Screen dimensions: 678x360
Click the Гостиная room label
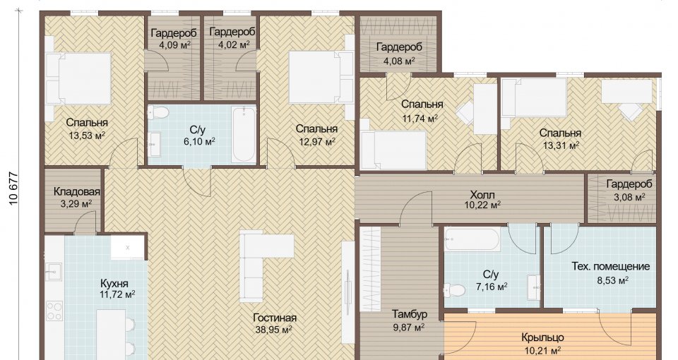[x=275, y=318]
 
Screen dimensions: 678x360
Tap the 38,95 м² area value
[x=274, y=330]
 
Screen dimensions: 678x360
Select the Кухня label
[x=114, y=284]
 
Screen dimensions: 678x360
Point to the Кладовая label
[x=76, y=191]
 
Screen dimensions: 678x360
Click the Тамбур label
[x=409, y=313]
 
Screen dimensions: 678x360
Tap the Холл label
[x=482, y=194]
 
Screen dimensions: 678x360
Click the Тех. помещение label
[x=610, y=266]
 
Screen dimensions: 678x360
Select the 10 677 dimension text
[x=14, y=188]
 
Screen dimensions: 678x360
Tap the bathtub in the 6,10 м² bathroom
[x=244, y=134]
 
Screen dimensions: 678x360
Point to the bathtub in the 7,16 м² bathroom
[x=472, y=239]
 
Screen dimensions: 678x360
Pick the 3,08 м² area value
[x=629, y=197]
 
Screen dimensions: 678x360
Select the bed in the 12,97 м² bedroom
[x=321, y=78]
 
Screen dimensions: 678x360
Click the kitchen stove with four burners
[x=54, y=311]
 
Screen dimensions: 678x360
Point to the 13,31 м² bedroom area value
[x=561, y=145]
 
